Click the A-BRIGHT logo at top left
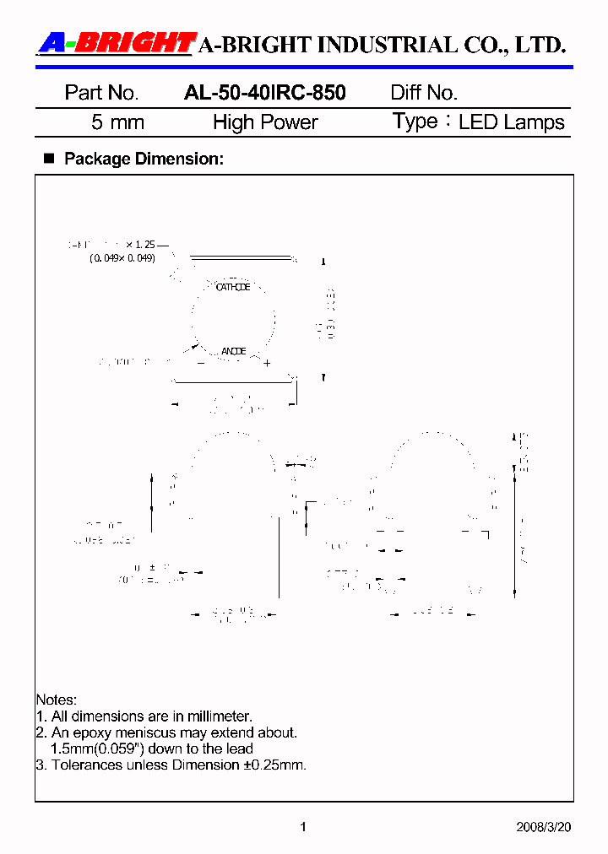(117, 43)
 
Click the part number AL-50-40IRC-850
(264, 93)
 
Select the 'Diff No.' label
(424, 93)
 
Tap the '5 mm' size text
(117, 122)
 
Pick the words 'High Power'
(265, 122)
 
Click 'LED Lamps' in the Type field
(511, 122)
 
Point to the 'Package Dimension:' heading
(144, 159)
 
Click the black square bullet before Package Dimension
(48, 158)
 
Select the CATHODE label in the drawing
(233, 288)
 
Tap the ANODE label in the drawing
(233, 351)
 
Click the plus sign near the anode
(266, 364)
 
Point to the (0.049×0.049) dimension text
(122, 258)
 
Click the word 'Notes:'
(56, 700)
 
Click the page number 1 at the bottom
(303, 827)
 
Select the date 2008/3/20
(543, 827)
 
